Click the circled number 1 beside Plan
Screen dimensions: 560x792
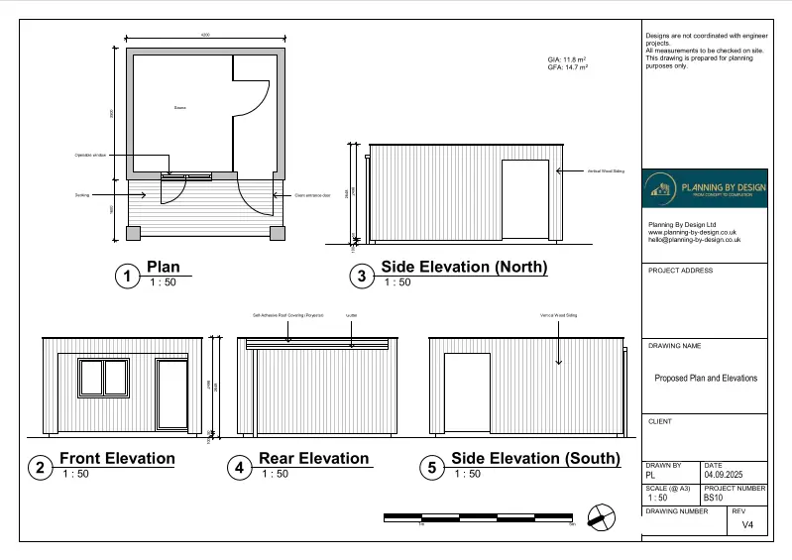click(x=126, y=277)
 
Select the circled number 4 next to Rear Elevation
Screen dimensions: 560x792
click(x=238, y=468)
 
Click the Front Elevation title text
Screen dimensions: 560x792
click(x=117, y=459)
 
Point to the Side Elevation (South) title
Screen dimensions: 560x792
click(x=535, y=459)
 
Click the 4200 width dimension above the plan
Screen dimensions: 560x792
click(x=205, y=35)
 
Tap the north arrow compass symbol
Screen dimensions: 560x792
click(x=601, y=517)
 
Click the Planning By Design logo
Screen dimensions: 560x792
click(x=704, y=188)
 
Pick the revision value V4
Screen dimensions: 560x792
click(x=747, y=527)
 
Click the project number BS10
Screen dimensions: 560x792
click(x=714, y=498)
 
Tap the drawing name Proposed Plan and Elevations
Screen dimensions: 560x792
click(x=705, y=378)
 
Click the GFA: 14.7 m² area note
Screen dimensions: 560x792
click(x=567, y=67)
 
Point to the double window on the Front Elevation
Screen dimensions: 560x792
click(x=103, y=379)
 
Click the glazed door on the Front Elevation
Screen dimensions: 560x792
click(x=173, y=394)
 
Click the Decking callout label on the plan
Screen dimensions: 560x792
click(x=82, y=195)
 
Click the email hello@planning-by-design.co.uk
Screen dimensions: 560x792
click(x=694, y=240)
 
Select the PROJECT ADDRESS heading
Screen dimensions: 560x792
click(x=680, y=271)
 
